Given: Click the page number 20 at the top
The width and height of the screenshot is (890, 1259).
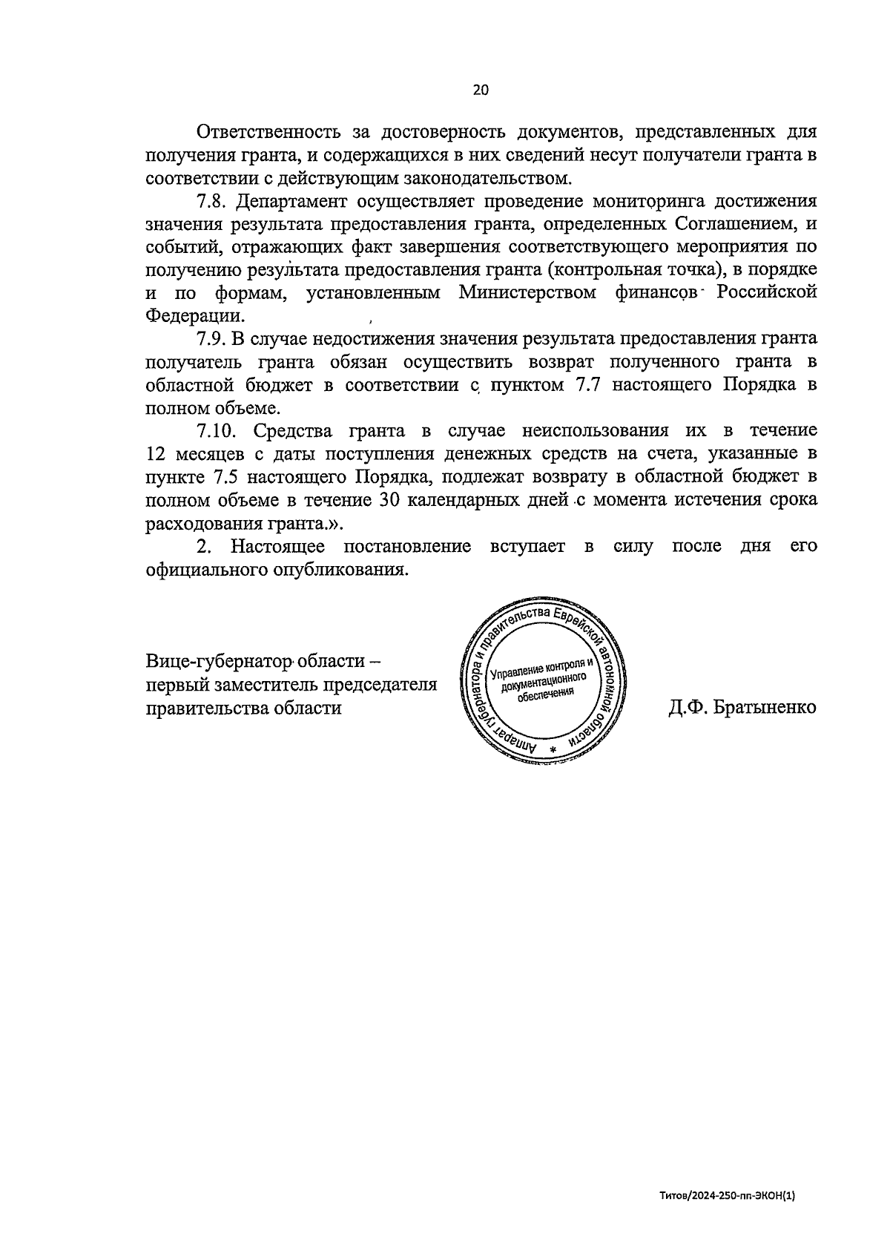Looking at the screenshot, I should pyautogui.click(x=480, y=91).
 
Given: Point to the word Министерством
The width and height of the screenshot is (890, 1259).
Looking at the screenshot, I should pyautogui.click(x=527, y=292).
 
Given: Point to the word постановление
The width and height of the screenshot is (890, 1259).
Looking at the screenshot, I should pyautogui.click(x=407, y=546).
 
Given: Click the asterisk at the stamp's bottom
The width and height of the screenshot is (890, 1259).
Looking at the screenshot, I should pyautogui.click(x=553, y=750).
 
